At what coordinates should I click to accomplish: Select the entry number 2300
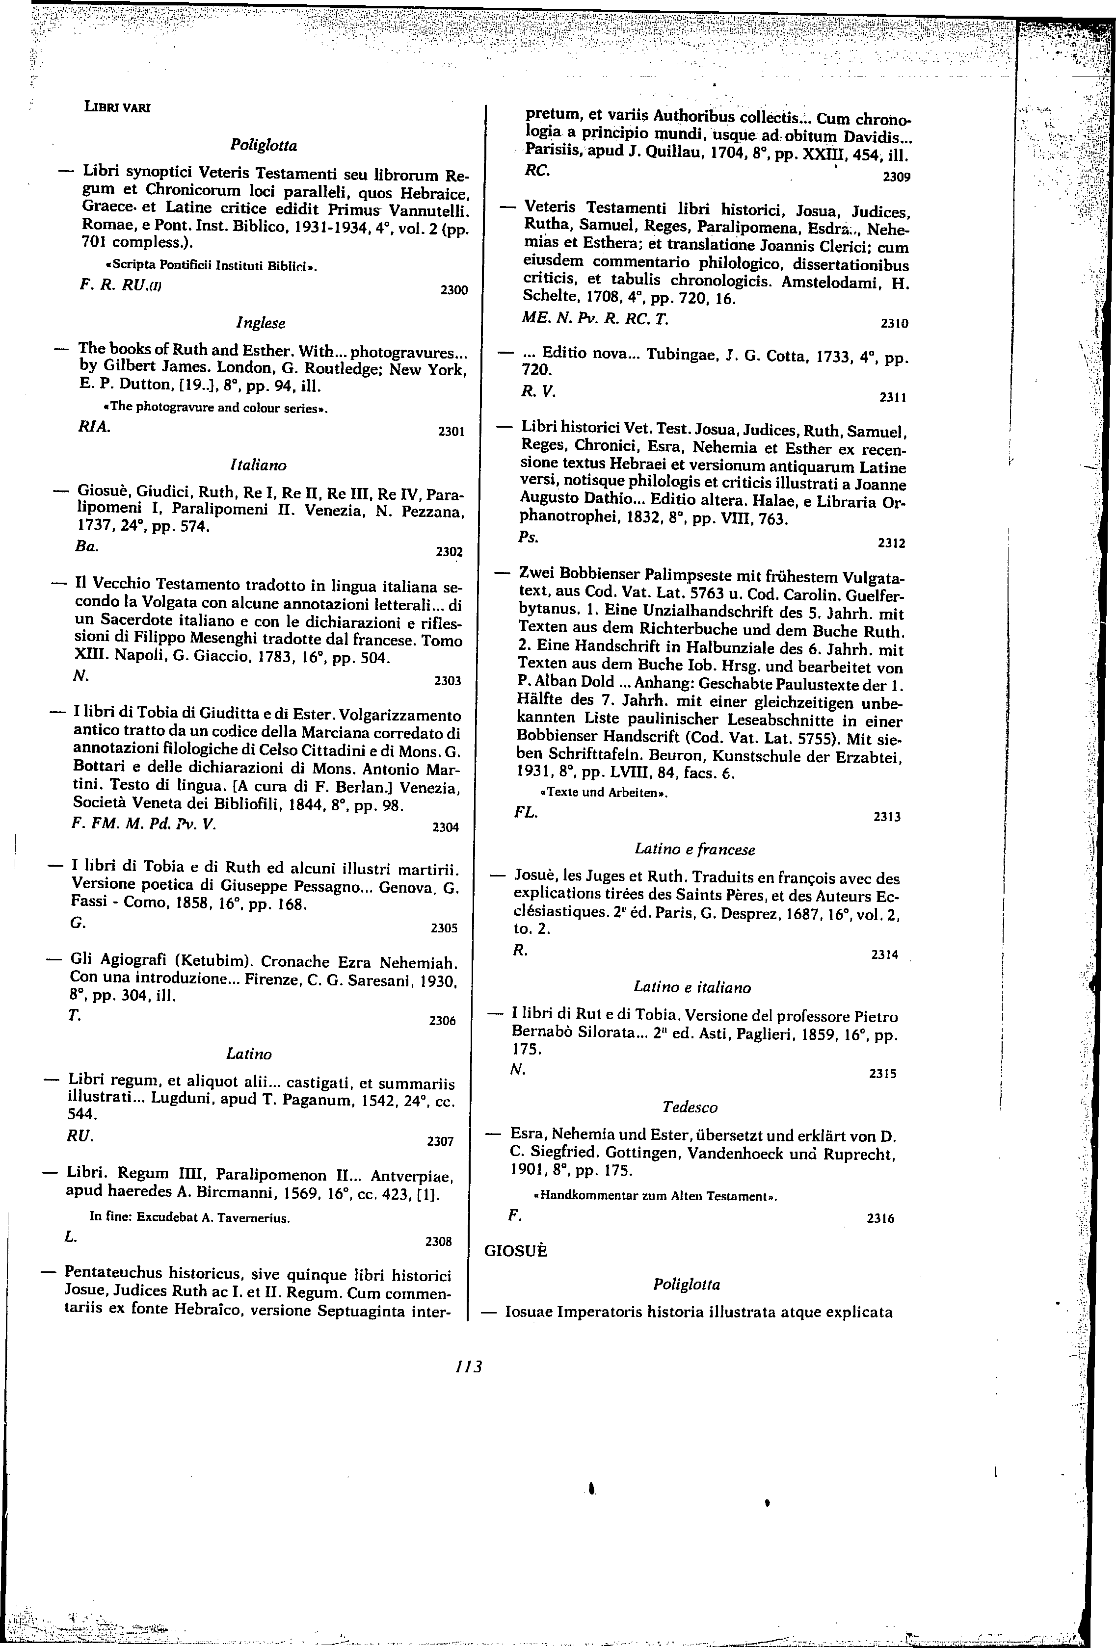tap(454, 290)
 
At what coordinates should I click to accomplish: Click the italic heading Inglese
tap(261, 323)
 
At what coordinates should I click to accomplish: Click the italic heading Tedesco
tap(690, 1107)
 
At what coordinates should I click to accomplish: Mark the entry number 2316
tap(880, 1219)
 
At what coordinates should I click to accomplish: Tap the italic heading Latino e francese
tap(694, 849)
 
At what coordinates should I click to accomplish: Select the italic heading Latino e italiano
tap(692, 987)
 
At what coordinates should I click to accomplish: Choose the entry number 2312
tap(892, 544)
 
